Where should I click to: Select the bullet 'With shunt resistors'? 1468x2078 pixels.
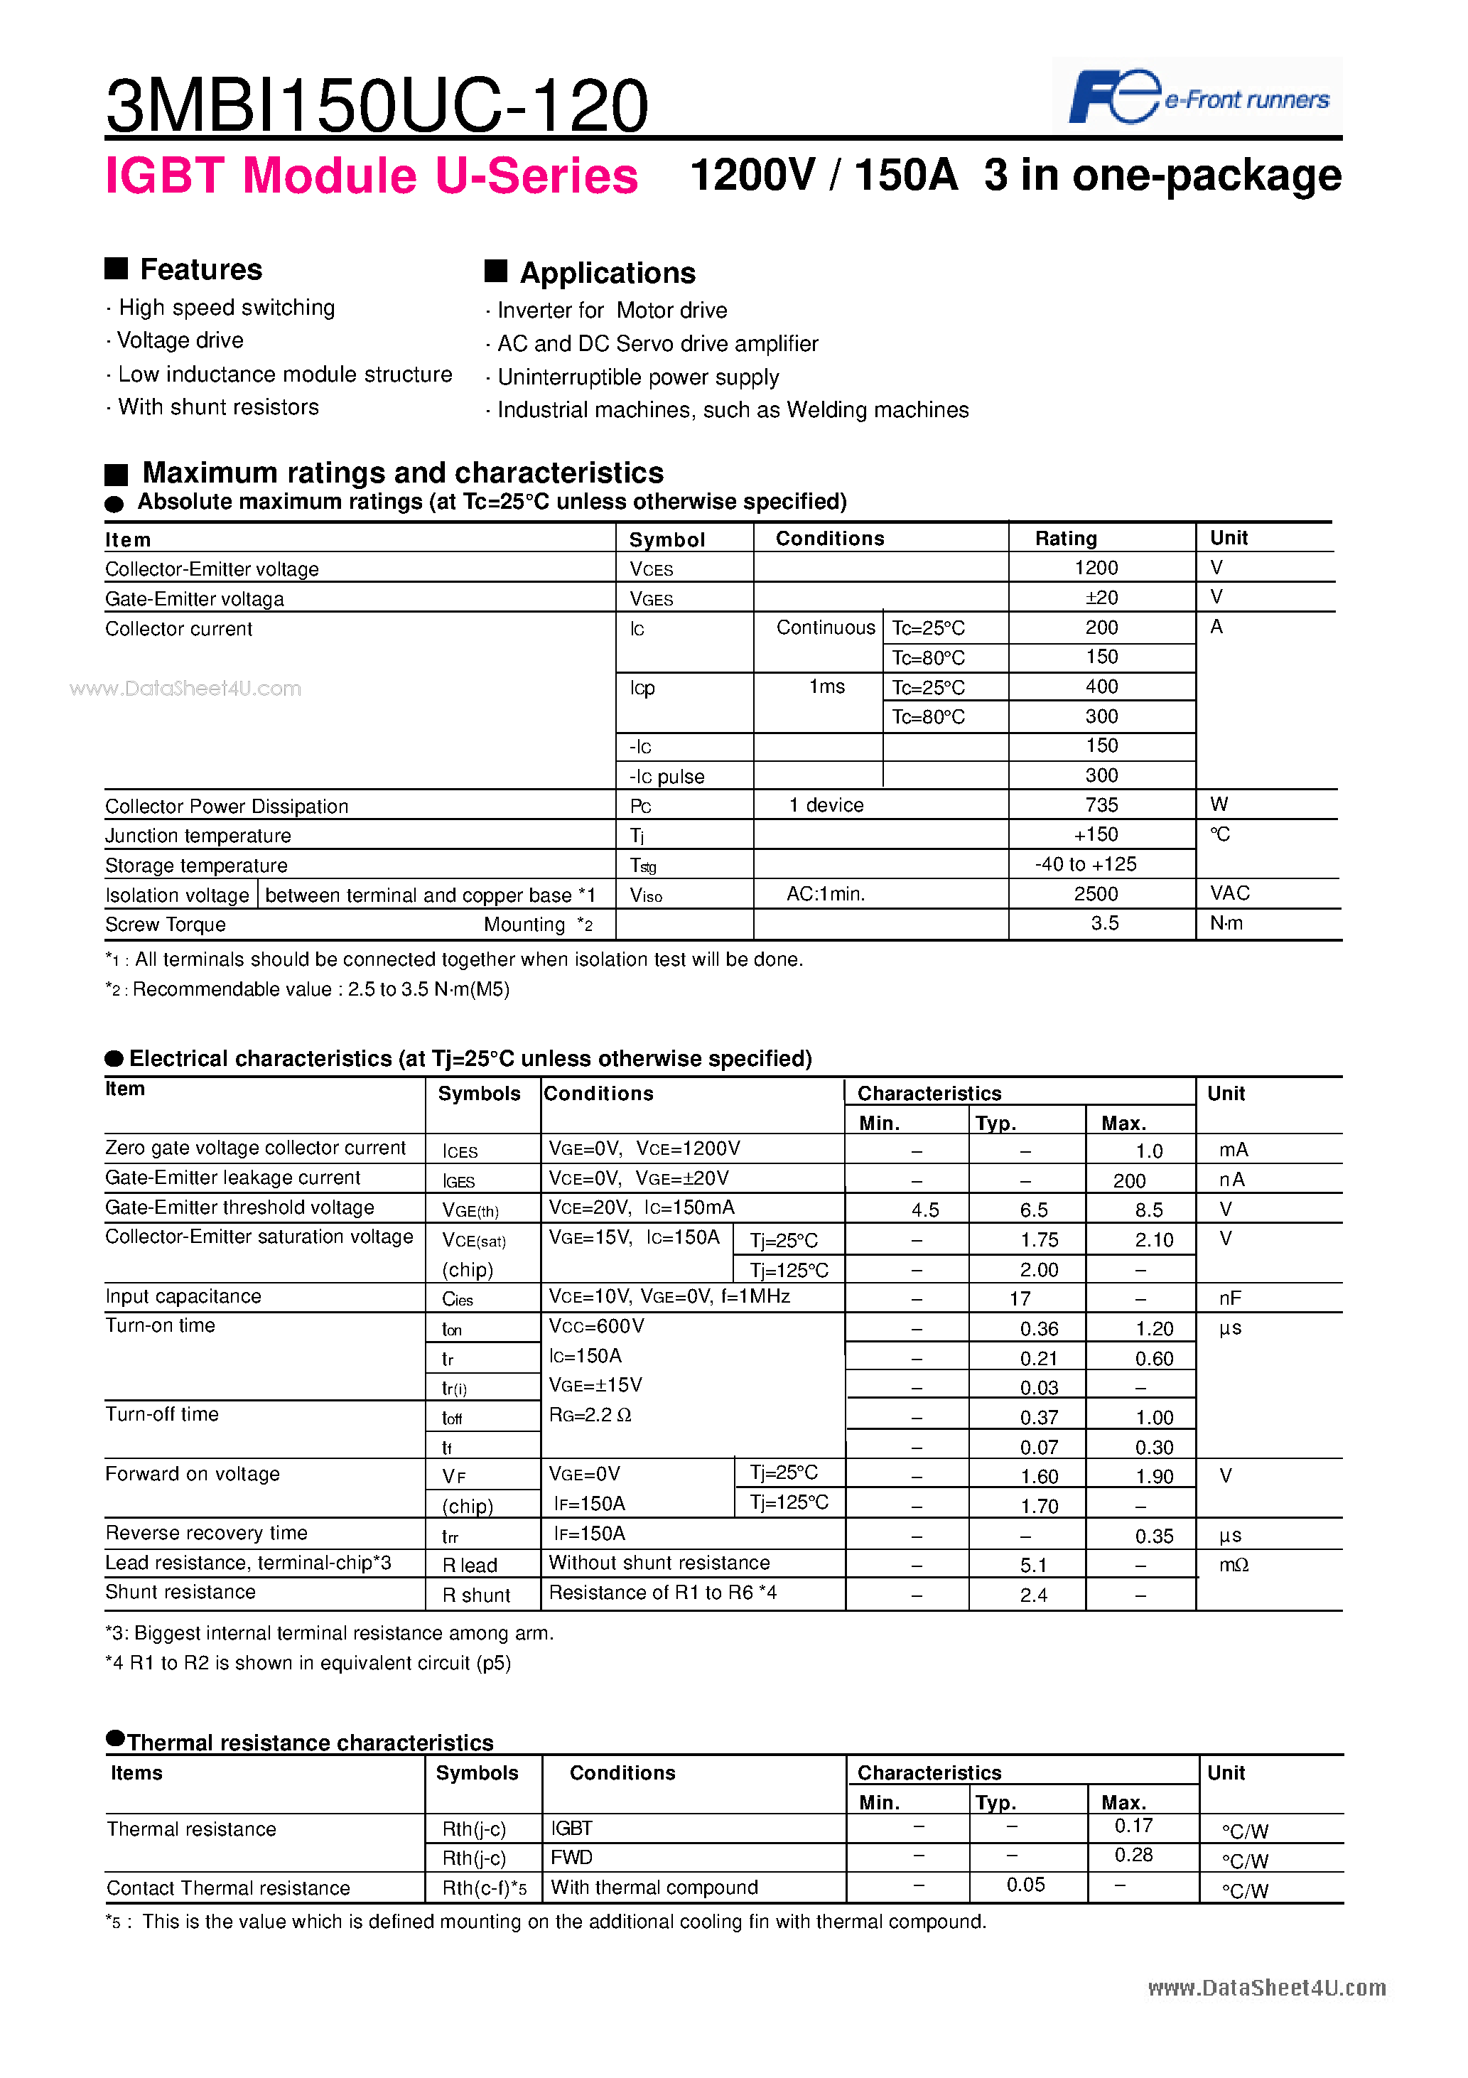tap(218, 407)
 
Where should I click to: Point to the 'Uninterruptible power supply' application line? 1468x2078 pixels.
tap(638, 377)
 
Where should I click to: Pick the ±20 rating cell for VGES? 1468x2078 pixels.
tap(1101, 598)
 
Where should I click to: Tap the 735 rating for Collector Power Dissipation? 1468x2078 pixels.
tap(1101, 805)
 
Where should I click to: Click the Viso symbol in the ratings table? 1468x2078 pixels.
tap(646, 895)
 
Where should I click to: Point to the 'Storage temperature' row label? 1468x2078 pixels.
tap(196, 865)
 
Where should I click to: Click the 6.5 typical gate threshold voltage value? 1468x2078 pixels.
tap(1034, 1210)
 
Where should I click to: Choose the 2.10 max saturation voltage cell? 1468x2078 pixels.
tap(1154, 1240)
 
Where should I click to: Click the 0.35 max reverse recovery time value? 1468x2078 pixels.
tap(1154, 1536)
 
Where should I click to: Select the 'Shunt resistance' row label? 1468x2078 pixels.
tap(181, 1592)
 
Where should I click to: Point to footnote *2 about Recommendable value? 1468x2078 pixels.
tap(308, 989)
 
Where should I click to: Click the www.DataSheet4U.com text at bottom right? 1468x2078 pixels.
tap(1266, 1988)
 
